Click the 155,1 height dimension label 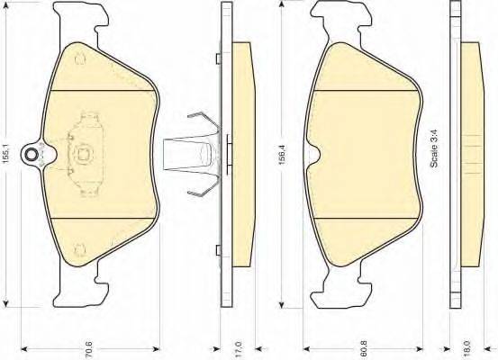pyautogui.click(x=6, y=153)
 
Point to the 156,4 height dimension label pyautogui.click(x=282, y=155)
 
